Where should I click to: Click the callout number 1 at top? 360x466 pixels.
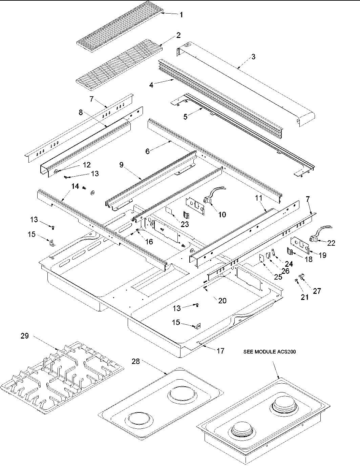coord(182,15)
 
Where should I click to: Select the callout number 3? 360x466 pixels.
coord(253,57)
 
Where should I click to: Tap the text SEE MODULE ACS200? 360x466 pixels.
coord(270,352)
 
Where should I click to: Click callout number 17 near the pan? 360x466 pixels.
coord(220,351)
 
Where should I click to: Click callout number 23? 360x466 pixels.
coord(185,224)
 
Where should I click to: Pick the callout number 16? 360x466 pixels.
coord(149,241)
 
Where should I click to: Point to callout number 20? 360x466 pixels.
coord(222,301)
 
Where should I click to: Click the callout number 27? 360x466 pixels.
coord(317,290)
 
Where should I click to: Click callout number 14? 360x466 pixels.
coord(75,186)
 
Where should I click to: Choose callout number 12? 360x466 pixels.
coord(87,165)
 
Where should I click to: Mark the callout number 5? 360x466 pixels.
coord(185,117)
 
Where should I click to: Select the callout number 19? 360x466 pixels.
coord(322,255)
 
